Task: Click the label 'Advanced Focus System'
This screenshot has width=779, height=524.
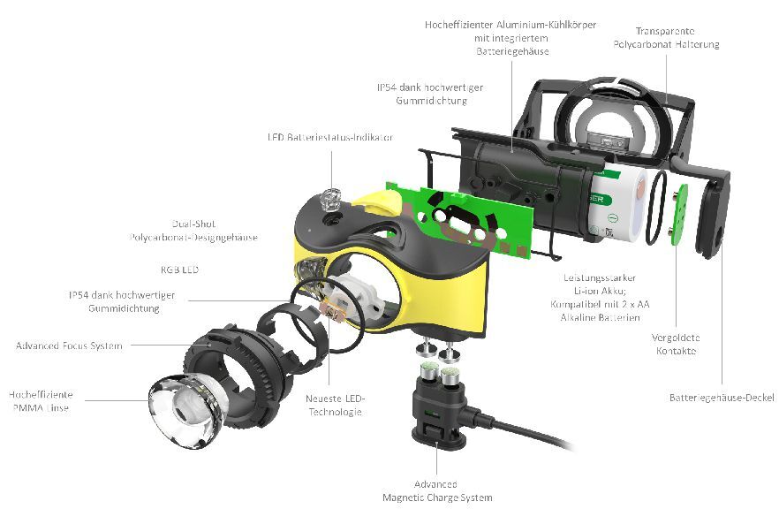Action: pos(69,346)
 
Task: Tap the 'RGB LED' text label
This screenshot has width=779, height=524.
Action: pos(179,269)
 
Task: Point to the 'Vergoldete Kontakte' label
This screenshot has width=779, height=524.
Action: pos(677,344)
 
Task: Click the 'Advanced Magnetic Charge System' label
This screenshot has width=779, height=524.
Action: pos(436,490)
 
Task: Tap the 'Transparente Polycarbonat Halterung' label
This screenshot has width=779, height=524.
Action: pos(667,38)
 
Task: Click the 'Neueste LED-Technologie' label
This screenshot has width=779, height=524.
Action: pos(335,406)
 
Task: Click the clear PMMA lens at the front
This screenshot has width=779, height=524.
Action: pos(185,407)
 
